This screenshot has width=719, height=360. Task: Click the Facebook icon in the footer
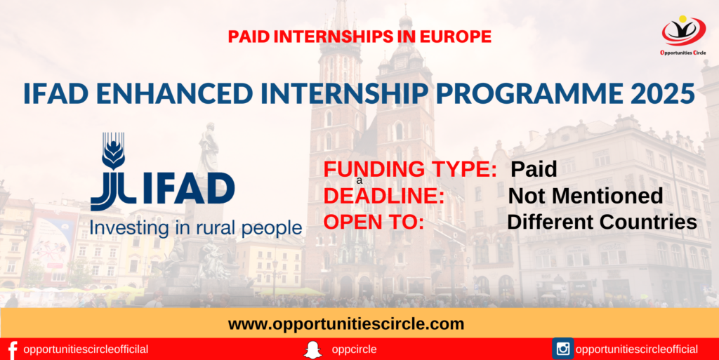point(12,349)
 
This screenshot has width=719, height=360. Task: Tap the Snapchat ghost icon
point(312,349)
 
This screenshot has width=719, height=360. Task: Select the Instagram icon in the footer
point(562,349)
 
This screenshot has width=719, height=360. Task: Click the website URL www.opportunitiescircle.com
point(346,324)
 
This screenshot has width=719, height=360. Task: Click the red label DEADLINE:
point(383,196)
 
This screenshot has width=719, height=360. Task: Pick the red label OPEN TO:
point(374,222)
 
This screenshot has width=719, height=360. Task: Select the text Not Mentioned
point(586,196)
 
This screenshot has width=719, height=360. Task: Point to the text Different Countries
point(602,222)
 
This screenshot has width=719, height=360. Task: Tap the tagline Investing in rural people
point(195,228)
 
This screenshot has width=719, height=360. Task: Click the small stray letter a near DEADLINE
point(359,181)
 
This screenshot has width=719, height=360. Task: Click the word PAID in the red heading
point(254,36)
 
